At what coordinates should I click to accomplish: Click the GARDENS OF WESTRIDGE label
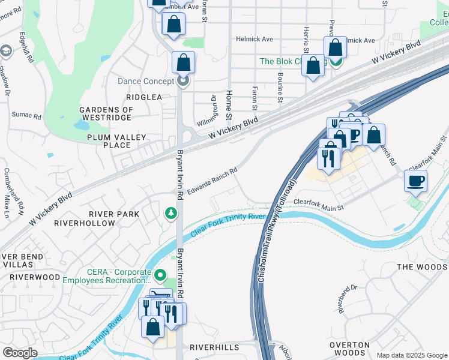[106, 114]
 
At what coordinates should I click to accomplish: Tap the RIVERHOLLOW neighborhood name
[85, 223]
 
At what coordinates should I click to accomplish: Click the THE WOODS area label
[423, 267]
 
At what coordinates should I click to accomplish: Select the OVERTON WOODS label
[349, 349]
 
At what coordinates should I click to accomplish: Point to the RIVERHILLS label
[214, 347]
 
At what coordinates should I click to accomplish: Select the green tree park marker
[171, 213]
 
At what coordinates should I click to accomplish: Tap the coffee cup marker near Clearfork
[415, 181]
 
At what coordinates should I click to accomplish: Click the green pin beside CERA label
[160, 275]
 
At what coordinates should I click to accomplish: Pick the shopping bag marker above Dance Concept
[183, 62]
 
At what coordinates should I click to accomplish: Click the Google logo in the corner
[20, 353]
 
